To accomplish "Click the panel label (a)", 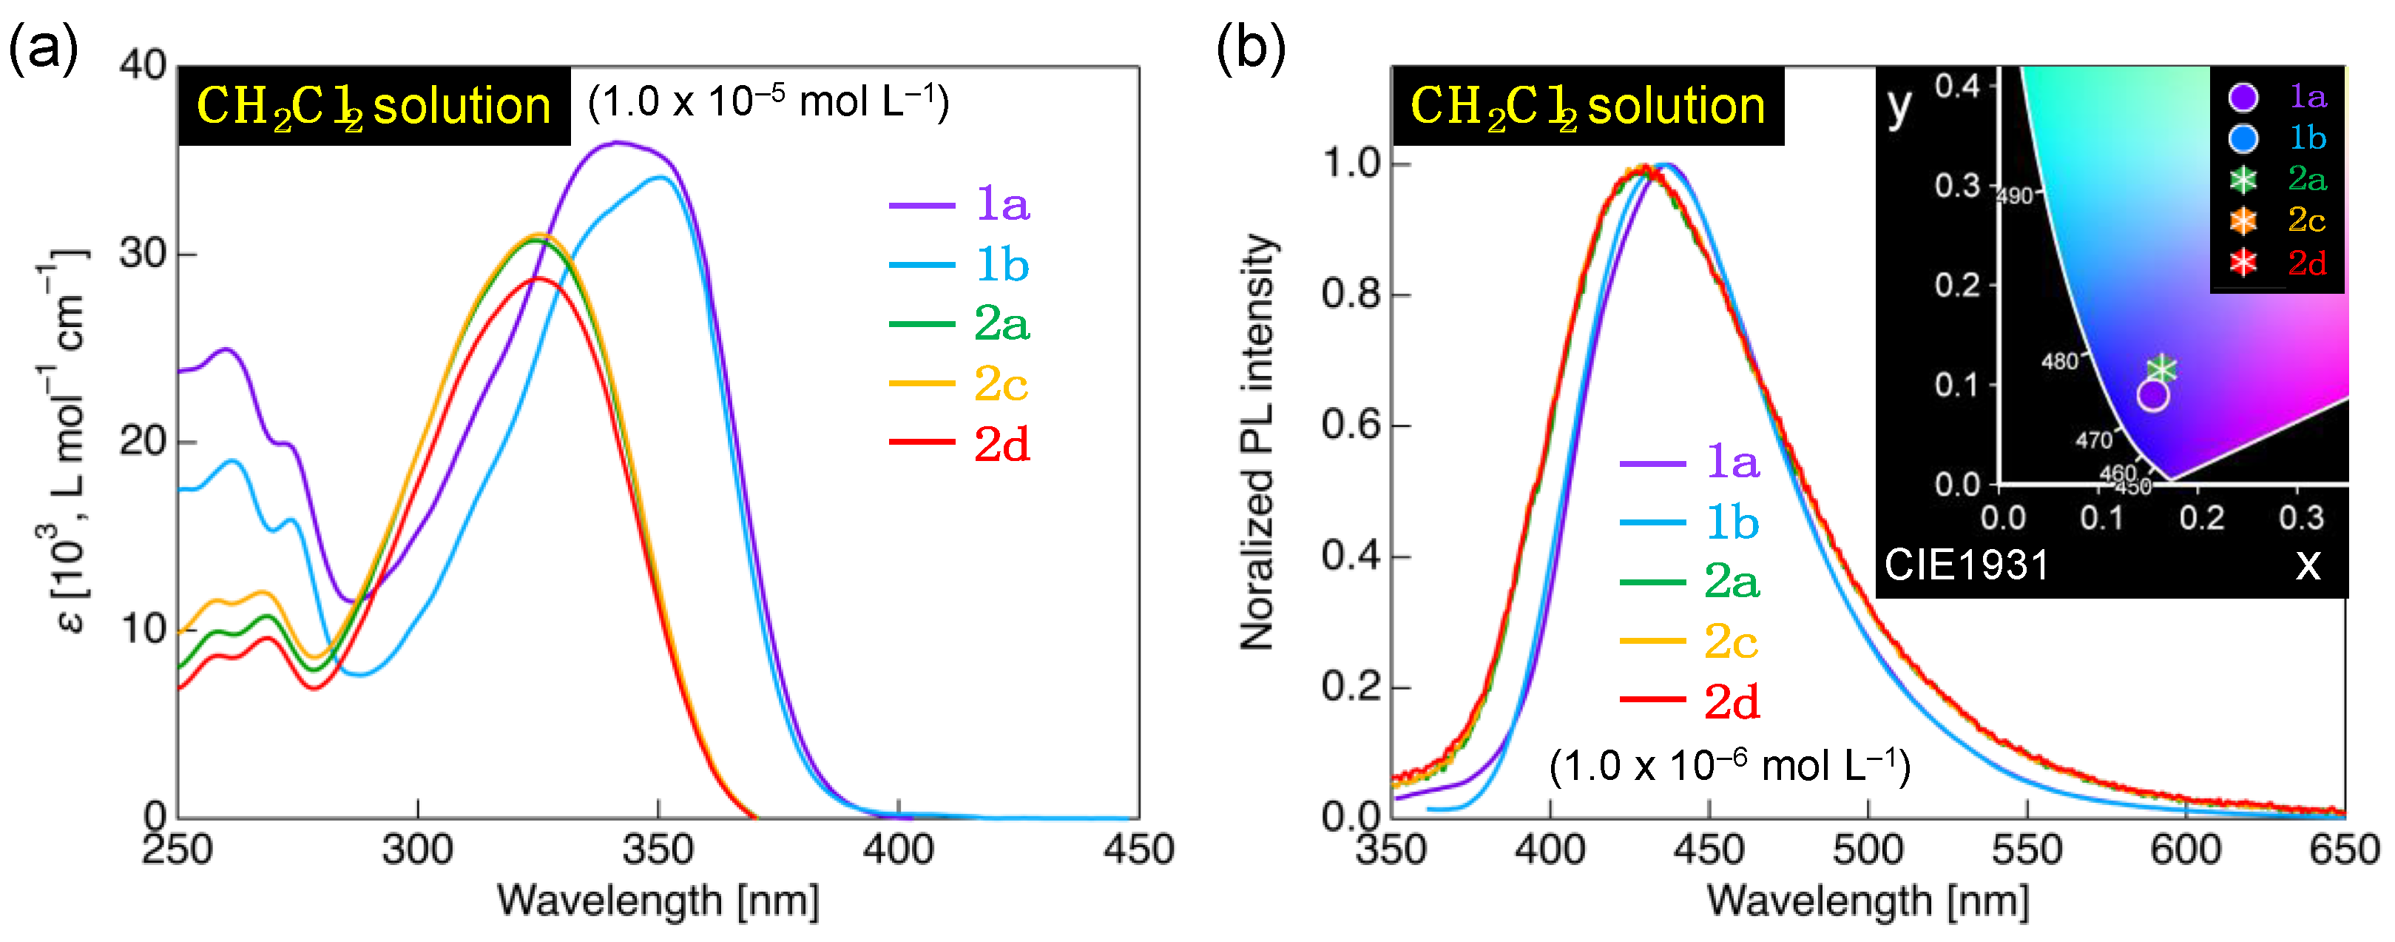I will click(x=43, y=47).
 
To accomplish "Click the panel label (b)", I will click(x=1251, y=47).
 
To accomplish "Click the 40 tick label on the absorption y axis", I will click(x=143, y=65).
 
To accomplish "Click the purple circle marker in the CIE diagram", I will click(x=2152, y=395).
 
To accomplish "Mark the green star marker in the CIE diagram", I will click(x=2163, y=369).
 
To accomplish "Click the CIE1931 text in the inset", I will click(x=1967, y=565).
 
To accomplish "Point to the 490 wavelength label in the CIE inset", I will click(x=2016, y=196).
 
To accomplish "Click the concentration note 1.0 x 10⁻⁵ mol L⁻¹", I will click(x=768, y=101).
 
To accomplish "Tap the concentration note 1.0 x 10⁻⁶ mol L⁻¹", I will click(x=1729, y=765).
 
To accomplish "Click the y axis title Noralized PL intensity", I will click(x=1257, y=442).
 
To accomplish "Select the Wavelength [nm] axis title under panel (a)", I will click(x=658, y=900).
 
